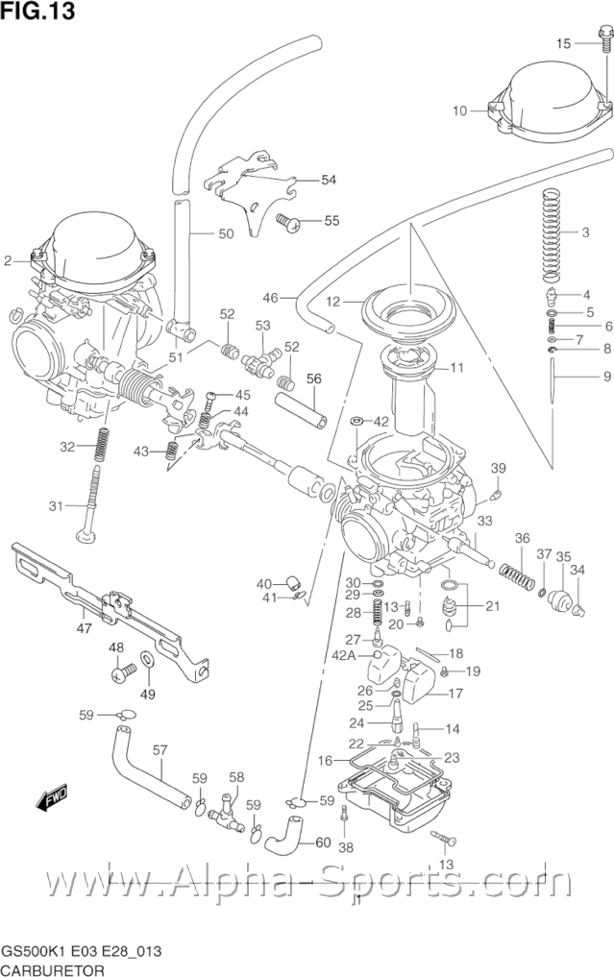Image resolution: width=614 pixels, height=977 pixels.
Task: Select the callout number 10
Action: click(x=459, y=110)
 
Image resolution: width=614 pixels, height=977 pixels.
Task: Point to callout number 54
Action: click(x=329, y=180)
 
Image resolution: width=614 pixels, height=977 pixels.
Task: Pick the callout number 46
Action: click(x=270, y=298)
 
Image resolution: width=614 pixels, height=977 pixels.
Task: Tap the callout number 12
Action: click(x=332, y=302)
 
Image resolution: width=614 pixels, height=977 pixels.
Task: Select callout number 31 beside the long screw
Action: click(x=55, y=506)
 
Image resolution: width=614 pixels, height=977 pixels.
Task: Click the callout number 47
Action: click(x=84, y=628)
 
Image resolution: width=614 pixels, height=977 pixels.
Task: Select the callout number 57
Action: click(x=160, y=749)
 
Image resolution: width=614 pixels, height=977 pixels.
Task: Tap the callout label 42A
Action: click(x=371, y=656)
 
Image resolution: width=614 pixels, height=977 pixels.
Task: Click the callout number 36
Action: click(x=522, y=538)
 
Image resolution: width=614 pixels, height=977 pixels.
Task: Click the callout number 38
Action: click(x=346, y=846)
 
